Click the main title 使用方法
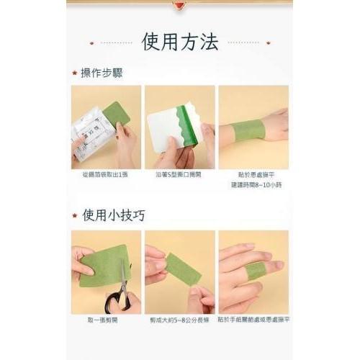coord(180,43)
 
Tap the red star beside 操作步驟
coord(75,73)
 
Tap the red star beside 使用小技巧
coord(75,215)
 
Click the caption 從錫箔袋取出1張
coord(106,174)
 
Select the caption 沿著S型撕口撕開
coord(179,174)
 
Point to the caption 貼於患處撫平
coord(253,174)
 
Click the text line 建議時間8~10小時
coord(253,184)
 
